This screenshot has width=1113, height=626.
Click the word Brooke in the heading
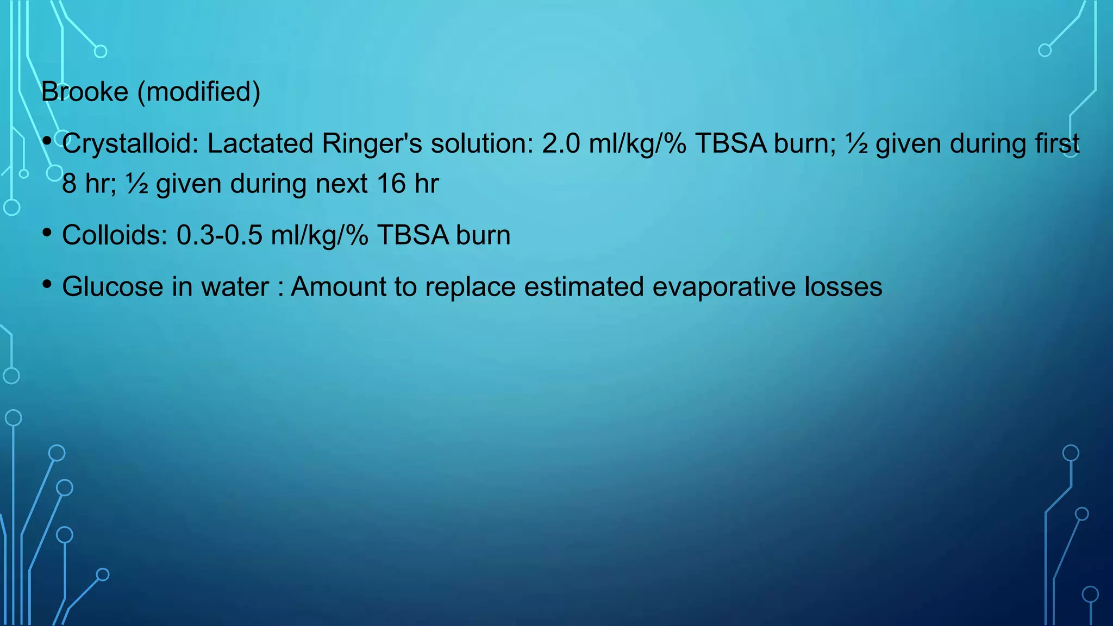85,92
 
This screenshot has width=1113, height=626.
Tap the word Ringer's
372,144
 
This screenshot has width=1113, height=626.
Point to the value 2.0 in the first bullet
561,144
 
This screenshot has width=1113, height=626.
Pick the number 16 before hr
391,184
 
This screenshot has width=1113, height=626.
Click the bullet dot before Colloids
47,233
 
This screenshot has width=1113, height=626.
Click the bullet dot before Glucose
47,284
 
